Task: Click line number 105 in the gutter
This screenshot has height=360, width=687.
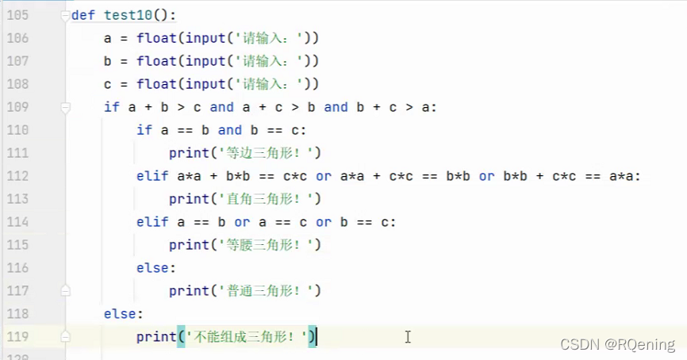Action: pyautogui.click(x=17, y=15)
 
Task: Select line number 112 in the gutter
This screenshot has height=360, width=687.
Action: pyautogui.click(x=17, y=176)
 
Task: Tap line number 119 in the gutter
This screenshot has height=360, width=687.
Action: pyautogui.click(x=17, y=337)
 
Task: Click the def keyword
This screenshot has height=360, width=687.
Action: pyautogui.click(x=82, y=15)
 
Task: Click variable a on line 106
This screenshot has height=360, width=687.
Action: pyautogui.click(x=108, y=38)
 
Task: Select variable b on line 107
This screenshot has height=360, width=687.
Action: pyautogui.click(x=108, y=61)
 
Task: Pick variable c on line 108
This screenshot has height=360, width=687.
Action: pyautogui.click(x=108, y=84)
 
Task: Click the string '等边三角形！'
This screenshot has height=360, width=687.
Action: pyautogui.click(x=261, y=153)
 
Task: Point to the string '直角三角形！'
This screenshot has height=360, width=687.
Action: pyautogui.click(x=261, y=199)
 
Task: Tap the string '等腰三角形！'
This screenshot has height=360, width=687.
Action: pyautogui.click(x=261, y=245)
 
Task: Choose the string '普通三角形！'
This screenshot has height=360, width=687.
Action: pyautogui.click(x=261, y=291)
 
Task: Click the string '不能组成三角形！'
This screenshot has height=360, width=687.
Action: pyautogui.click(x=245, y=337)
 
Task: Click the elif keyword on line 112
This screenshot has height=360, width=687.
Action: pyautogui.click(x=152, y=176)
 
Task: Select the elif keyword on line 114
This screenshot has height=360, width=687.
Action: pyautogui.click(x=152, y=222)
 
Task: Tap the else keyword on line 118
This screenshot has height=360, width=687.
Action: pyautogui.click(x=121, y=314)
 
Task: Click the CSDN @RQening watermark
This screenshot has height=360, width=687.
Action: pyautogui.click(x=617, y=344)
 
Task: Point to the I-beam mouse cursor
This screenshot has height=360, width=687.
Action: pyautogui.click(x=408, y=337)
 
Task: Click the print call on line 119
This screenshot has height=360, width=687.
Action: pyautogui.click(x=155, y=337)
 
